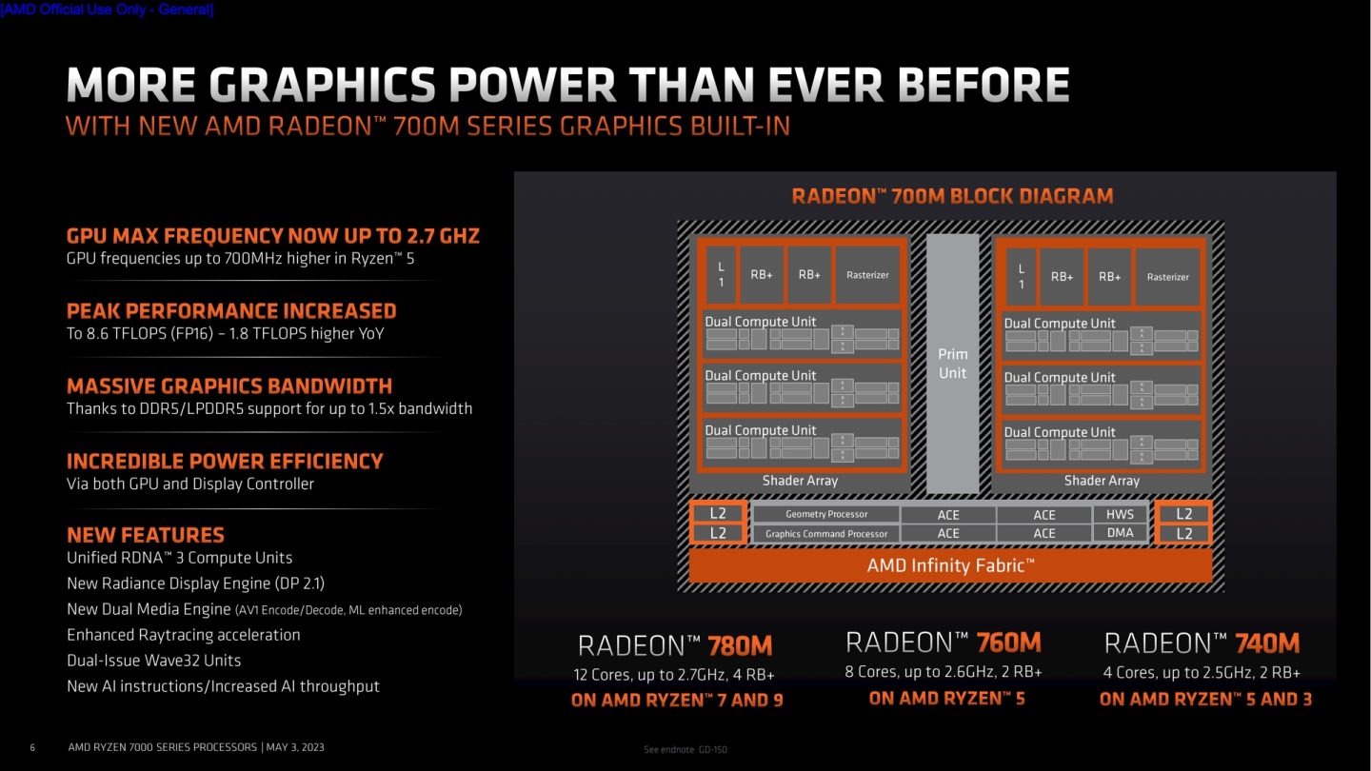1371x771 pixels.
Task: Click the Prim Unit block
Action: [952, 363]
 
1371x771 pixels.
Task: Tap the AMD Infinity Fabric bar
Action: [950, 565]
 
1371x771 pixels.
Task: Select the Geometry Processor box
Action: [825, 514]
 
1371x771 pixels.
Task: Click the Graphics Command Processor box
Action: [825, 534]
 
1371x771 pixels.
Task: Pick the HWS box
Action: [1120, 514]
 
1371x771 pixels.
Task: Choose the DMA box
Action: [1120, 533]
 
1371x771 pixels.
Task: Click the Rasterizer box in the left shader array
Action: [867, 275]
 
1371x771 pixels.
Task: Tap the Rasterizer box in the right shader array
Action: [1167, 277]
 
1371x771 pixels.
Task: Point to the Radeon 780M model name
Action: [675, 646]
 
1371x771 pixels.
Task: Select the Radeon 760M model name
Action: [943, 642]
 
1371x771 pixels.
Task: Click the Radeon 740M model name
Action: [1202, 642]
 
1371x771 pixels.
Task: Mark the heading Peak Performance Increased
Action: [231, 311]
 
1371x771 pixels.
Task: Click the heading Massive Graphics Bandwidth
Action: [229, 385]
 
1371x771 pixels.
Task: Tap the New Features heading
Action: [146, 535]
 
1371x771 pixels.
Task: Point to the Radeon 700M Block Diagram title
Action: [952, 196]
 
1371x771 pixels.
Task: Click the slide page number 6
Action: [32, 747]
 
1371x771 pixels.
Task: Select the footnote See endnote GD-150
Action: [685, 750]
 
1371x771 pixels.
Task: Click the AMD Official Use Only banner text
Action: [107, 10]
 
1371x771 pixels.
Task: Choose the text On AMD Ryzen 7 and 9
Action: [677, 701]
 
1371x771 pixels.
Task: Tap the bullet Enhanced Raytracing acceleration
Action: [183, 635]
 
